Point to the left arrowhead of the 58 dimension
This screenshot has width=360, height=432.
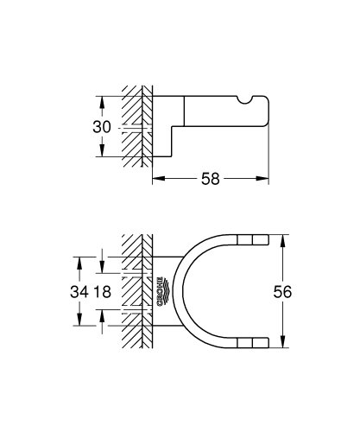pos(157,179)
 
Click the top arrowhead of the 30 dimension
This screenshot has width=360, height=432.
pos(102,100)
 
